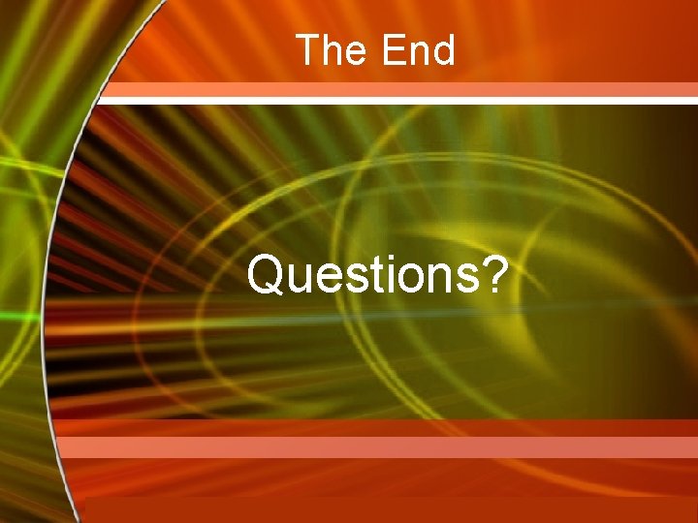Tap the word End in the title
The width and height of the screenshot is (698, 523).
(418, 50)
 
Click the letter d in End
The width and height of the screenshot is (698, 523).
(443, 50)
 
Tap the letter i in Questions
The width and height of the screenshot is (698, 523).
(385, 275)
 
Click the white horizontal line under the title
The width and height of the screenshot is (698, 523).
(397, 100)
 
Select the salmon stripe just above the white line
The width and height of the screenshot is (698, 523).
(397, 89)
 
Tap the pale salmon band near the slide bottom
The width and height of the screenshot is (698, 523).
(378, 446)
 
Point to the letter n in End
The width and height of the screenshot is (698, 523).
(418, 53)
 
